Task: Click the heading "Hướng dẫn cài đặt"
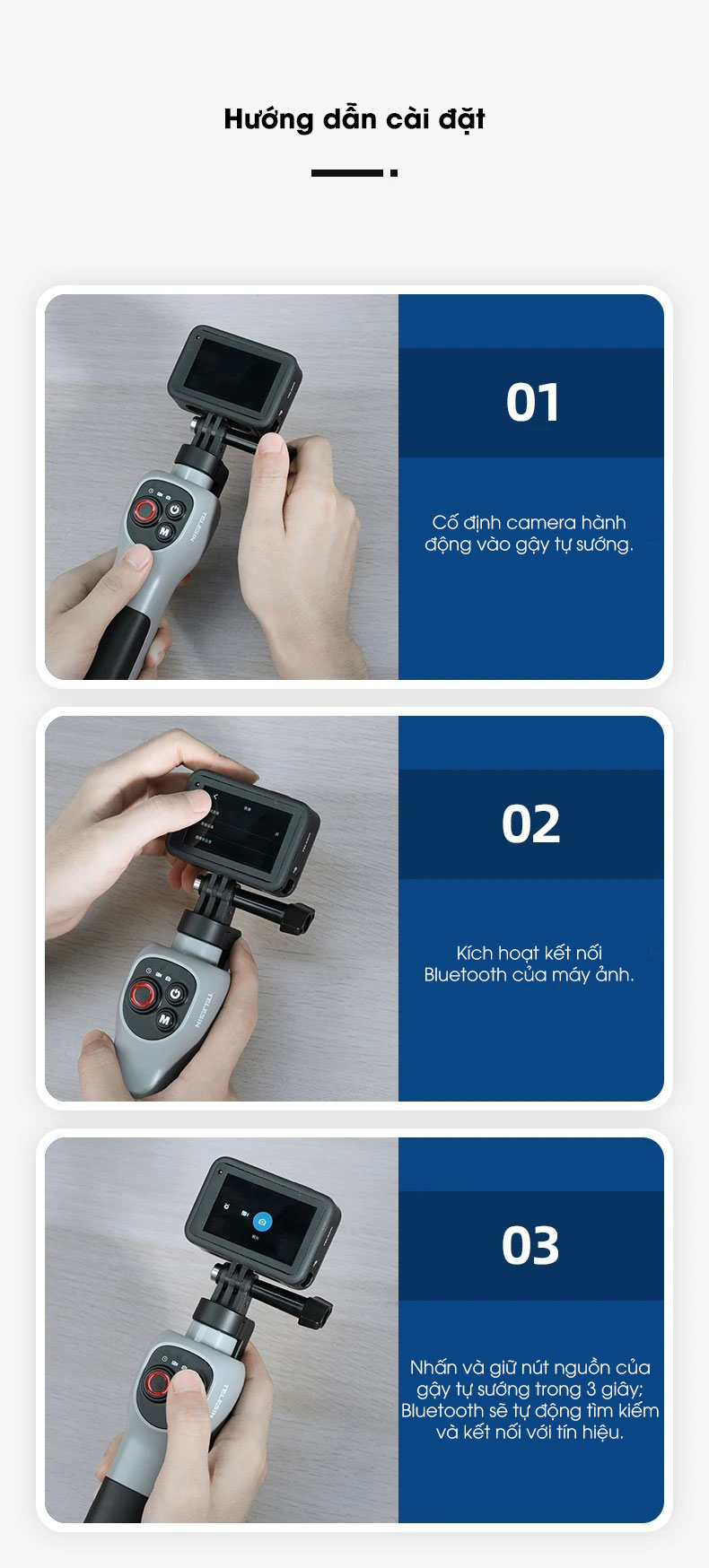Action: (354, 119)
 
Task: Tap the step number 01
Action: (532, 402)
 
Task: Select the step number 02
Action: (531, 823)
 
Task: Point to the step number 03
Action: (530, 1245)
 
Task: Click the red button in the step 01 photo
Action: (144, 512)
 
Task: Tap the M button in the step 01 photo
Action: (164, 532)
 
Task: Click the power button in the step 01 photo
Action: (175, 510)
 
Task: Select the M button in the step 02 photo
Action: (165, 1019)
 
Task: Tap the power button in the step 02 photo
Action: (176, 994)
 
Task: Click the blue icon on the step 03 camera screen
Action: (262, 1221)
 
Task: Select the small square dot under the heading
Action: (394, 173)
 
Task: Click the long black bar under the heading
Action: (347, 173)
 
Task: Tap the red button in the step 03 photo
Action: (157, 1384)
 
